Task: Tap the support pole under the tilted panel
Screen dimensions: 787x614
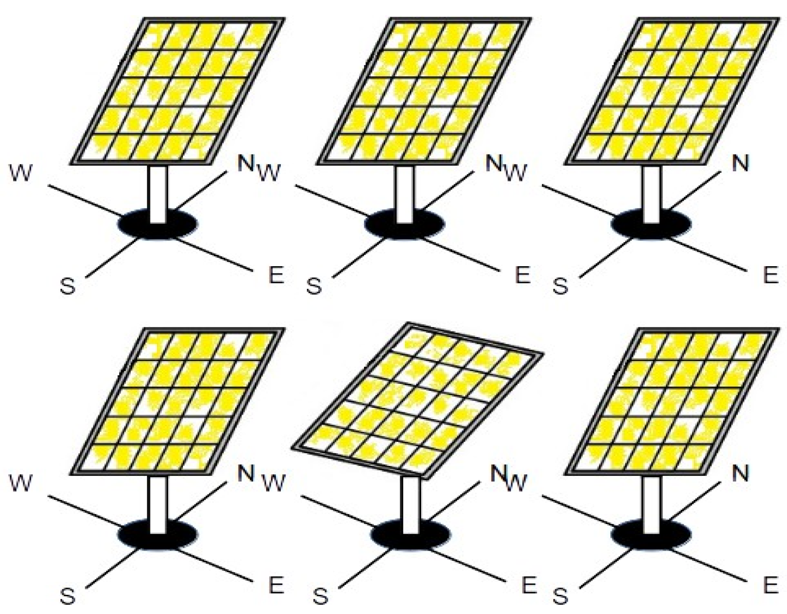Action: (x=410, y=505)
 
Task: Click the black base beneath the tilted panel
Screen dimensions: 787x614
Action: (x=411, y=535)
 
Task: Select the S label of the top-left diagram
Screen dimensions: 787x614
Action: (x=68, y=285)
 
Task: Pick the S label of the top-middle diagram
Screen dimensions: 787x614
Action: (x=314, y=285)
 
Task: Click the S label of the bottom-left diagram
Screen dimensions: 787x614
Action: (x=68, y=595)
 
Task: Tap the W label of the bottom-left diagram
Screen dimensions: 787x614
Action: (x=21, y=483)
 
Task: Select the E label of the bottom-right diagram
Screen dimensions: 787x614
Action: (x=770, y=584)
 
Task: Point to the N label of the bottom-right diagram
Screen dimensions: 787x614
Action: (x=740, y=473)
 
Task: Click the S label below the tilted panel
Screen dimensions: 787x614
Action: (x=320, y=595)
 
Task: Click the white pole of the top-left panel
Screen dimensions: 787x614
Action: (x=157, y=194)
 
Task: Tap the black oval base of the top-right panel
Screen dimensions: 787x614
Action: (x=651, y=224)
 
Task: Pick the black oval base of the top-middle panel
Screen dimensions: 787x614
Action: (x=404, y=224)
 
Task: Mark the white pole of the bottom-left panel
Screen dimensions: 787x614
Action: (x=157, y=505)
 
